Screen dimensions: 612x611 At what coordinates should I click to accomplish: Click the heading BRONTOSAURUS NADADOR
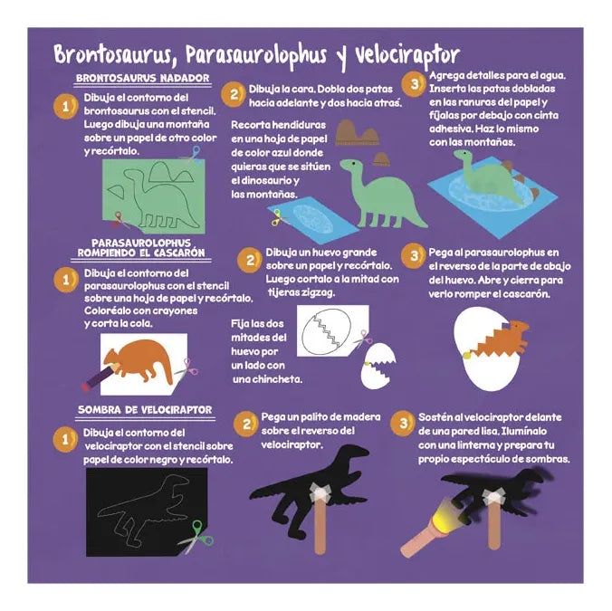[x=142, y=78]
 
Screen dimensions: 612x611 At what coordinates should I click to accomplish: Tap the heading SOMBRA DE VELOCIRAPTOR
[x=145, y=410]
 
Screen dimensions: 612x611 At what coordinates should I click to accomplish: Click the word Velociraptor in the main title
[x=407, y=56]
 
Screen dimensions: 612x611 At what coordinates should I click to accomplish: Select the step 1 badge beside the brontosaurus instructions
[x=65, y=106]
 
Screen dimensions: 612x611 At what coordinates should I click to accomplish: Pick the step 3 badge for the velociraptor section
[x=403, y=424]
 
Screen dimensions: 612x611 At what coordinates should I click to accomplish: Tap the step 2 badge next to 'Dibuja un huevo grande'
[x=249, y=260]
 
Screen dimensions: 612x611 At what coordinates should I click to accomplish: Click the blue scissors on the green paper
[x=193, y=155]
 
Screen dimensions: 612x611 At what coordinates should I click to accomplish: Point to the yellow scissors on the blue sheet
[x=278, y=218]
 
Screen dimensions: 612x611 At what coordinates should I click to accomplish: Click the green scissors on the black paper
[x=196, y=537]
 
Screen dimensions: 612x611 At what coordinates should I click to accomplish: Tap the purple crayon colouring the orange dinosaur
[x=101, y=376]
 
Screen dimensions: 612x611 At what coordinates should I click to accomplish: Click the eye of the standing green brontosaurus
[x=354, y=163]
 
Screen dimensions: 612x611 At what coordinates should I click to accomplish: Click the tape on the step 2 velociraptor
[x=320, y=492]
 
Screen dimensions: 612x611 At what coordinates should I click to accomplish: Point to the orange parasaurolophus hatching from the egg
[x=501, y=338]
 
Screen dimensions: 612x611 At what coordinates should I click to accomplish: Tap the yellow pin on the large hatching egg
[x=465, y=355]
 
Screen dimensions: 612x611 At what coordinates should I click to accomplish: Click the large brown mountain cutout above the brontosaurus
[x=357, y=133]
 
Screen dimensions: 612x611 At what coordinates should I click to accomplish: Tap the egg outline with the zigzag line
[x=326, y=331]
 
